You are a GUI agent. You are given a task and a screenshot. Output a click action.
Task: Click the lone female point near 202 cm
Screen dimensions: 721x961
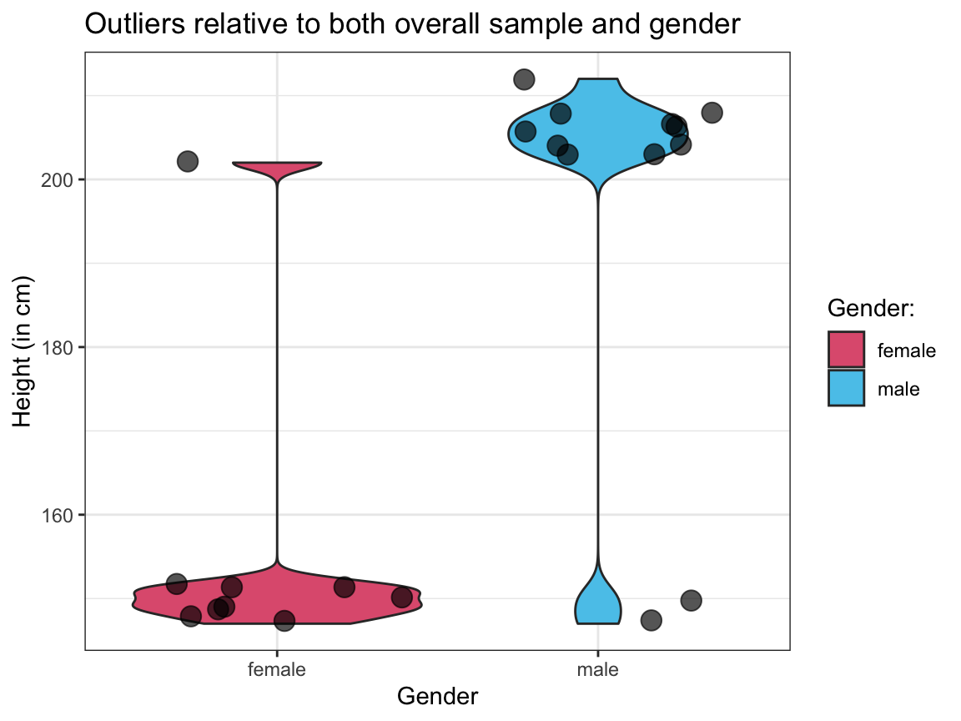click(x=188, y=161)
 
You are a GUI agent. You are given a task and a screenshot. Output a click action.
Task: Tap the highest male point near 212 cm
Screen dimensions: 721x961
click(x=524, y=79)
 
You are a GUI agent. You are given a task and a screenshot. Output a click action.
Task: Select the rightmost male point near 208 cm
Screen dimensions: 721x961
click(x=712, y=112)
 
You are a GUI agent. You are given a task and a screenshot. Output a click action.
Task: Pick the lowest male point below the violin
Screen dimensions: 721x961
click(x=651, y=620)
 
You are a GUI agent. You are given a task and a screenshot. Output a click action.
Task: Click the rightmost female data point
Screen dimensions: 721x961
click(x=402, y=597)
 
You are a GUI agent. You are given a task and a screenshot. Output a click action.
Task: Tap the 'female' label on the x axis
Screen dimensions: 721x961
click(x=277, y=669)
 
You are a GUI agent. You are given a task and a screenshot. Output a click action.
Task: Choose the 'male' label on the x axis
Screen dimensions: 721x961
click(x=598, y=669)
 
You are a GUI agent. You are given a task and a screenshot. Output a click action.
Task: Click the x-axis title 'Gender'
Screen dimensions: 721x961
click(x=437, y=697)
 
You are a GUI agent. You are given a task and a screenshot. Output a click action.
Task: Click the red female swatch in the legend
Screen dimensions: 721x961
click(x=845, y=350)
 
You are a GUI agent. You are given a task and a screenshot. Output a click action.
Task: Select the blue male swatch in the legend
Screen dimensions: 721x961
click(x=845, y=388)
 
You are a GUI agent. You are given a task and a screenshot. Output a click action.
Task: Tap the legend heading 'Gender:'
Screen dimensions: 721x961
click(x=872, y=308)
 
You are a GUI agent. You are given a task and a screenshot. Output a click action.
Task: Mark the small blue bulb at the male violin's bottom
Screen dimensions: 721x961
click(x=598, y=603)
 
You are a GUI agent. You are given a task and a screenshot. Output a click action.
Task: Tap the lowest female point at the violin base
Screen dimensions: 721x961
click(x=284, y=620)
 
